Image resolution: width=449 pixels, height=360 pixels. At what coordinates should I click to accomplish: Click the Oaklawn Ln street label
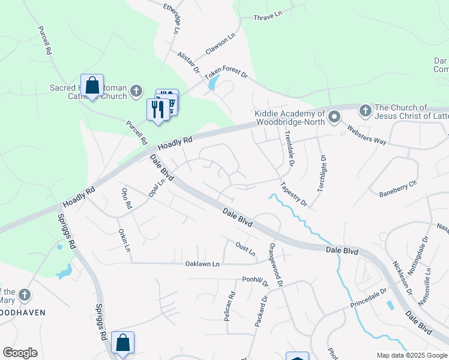pyautogui.click(x=202, y=263)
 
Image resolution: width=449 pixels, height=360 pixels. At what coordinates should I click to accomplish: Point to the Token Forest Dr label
pyautogui.click(x=226, y=75)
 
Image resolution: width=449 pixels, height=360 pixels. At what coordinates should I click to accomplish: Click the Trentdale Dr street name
pyautogui.click(x=289, y=148)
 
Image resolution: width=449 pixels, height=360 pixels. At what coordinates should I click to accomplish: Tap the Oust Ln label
pyautogui.click(x=246, y=247)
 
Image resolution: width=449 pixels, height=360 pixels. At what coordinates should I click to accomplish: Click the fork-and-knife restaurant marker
pyautogui.click(x=158, y=109)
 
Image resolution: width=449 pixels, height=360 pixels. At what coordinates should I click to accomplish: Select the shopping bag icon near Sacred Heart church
pyautogui.click(x=92, y=85)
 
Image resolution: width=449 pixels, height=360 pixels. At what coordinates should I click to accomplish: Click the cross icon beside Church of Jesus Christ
pyautogui.click(x=364, y=110)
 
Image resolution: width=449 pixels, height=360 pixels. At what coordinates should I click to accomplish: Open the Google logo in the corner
pyautogui.click(x=20, y=353)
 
